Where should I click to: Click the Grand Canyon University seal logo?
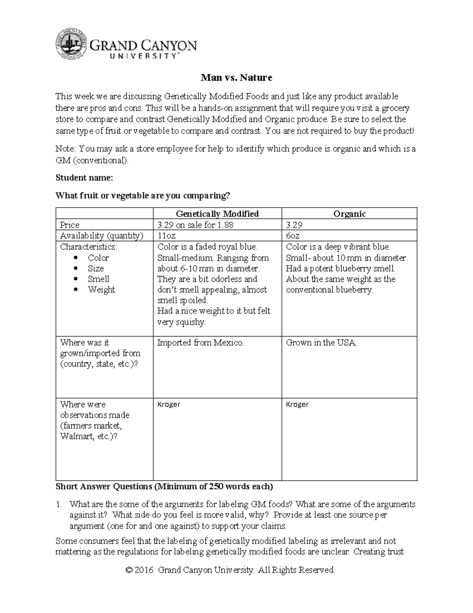click(71, 44)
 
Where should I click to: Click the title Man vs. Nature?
click(236, 77)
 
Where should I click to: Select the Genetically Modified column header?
click(217, 214)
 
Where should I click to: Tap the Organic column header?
click(349, 214)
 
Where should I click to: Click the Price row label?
click(69, 225)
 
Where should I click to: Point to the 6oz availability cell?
click(293, 236)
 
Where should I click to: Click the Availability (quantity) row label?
click(102, 236)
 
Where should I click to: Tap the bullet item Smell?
click(98, 279)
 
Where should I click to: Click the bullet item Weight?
click(101, 290)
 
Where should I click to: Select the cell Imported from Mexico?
click(200, 343)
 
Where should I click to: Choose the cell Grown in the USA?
click(321, 343)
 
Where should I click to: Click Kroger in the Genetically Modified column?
click(169, 405)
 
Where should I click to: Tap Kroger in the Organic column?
click(297, 405)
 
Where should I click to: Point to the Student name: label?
click(84, 178)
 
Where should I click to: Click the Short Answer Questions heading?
click(164, 486)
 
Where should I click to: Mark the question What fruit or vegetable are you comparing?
click(142, 195)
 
